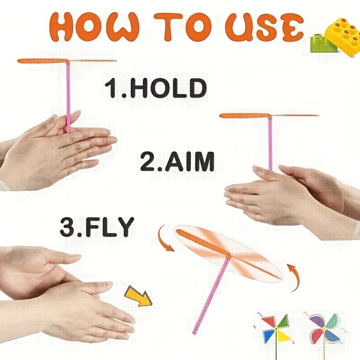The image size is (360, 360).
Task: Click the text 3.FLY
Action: [97, 227]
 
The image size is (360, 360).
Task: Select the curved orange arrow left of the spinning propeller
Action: [165, 239]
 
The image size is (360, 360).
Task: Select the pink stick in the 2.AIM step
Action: [270, 144]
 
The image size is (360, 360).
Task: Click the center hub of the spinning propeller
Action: [229, 256]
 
